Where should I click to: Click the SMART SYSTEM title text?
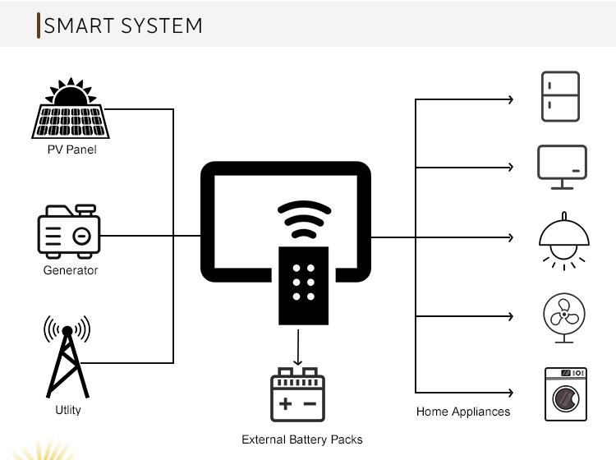[123, 26]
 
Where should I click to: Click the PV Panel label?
[72, 149]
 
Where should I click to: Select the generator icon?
[69, 232]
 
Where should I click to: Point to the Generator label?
[71, 270]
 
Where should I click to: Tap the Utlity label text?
[68, 410]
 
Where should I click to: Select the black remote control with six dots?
[303, 286]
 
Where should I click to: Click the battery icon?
[298, 395]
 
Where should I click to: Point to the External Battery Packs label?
[302, 439]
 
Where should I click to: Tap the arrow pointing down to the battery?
[298, 347]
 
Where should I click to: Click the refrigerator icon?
[560, 97]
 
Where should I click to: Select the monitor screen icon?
[562, 168]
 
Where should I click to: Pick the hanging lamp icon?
[564, 241]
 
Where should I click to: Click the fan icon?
[564, 318]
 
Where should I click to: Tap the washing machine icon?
[566, 394]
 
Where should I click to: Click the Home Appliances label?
[463, 412]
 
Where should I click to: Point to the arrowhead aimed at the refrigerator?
[511, 99]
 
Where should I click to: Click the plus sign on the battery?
[286, 404]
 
